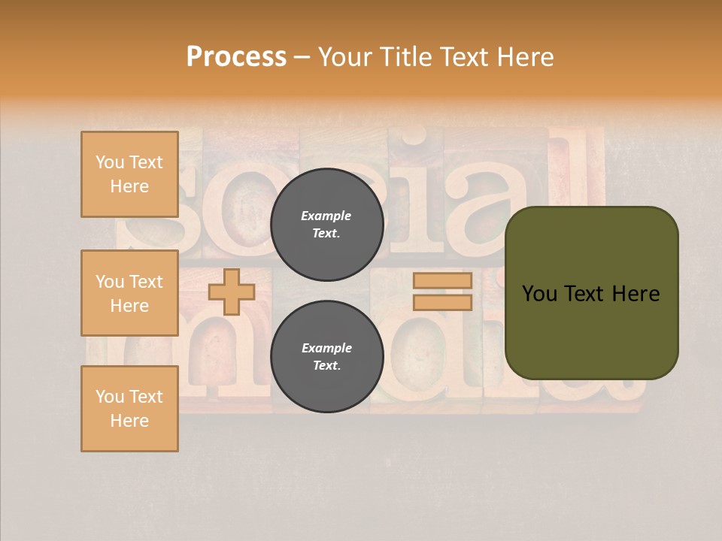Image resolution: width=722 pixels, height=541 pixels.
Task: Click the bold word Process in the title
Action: (x=236, y=56)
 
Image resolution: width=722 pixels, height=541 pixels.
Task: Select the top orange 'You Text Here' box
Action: (x=129, y=174)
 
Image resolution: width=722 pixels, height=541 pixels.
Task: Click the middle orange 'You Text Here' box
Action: (x=129, y=293)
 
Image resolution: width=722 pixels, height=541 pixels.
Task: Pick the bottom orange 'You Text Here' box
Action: (x=129, y=409)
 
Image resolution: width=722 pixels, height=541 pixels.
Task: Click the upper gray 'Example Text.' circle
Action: (x=327, y=225)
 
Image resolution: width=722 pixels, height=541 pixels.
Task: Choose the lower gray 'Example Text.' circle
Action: (x=327, y=357)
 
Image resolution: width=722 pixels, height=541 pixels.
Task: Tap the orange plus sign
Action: (x=232, y=292)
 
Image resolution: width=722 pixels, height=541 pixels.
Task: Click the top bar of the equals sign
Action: (x=442, y=281)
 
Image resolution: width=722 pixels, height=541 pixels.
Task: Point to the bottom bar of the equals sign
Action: (x=442, y=302)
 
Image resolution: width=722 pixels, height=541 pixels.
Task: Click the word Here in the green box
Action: (x=636, y=294)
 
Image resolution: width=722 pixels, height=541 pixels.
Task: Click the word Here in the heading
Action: (x=526, y=56)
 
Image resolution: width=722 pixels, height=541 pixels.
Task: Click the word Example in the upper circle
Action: (x=326, y=216)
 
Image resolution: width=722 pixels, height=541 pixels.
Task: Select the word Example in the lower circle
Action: (x=326, y=348)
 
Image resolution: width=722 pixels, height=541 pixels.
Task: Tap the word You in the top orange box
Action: (x=110, y=162)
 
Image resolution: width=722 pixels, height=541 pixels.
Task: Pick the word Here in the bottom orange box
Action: (x=129, y=421)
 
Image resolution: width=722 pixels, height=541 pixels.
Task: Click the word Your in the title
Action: (x=345, y=56)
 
